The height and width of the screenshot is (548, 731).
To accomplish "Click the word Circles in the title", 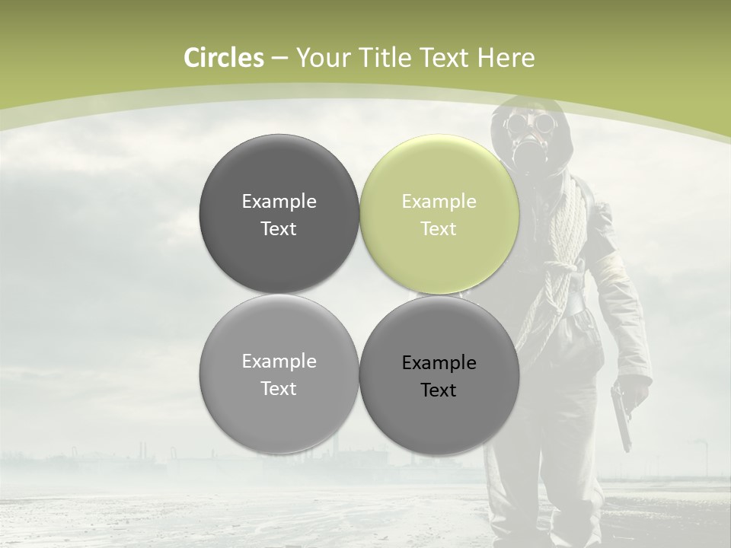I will [x=224, y=58].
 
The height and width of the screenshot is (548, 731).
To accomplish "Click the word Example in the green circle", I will [x=439, y=202].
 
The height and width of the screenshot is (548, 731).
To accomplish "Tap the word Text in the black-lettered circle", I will [x=439, y=390].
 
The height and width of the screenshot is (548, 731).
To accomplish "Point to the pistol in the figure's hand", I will [x=621, y=415].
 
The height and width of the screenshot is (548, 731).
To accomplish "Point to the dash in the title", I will [x=279, y=59].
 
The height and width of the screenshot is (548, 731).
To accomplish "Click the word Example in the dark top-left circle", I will [x=279, y=202].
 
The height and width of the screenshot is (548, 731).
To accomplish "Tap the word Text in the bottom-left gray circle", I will [x=279, y=389].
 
